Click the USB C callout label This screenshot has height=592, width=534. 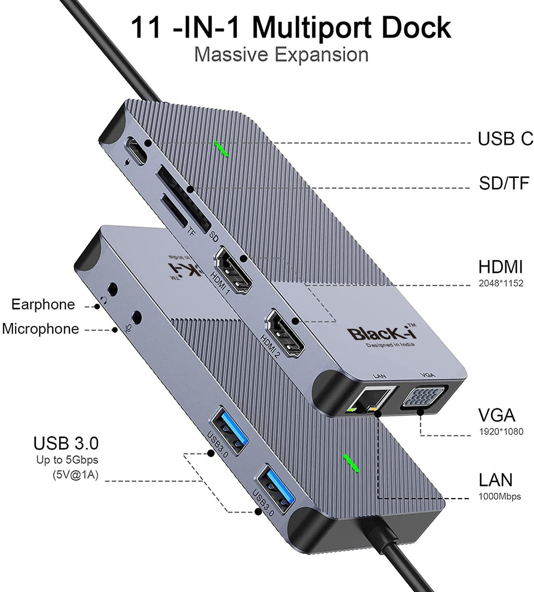point(505,138)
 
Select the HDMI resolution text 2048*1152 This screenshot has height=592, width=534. point(501,283)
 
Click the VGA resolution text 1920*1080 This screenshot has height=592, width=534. point(501,431)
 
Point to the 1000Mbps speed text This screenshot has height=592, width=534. point(500,496)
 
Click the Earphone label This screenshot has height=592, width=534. point(43,304)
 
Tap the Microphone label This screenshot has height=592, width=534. point(41,329)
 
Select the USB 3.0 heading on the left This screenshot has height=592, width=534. point(66,443)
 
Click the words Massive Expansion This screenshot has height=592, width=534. point(281,54)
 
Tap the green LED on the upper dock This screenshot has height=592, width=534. point(222,148)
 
